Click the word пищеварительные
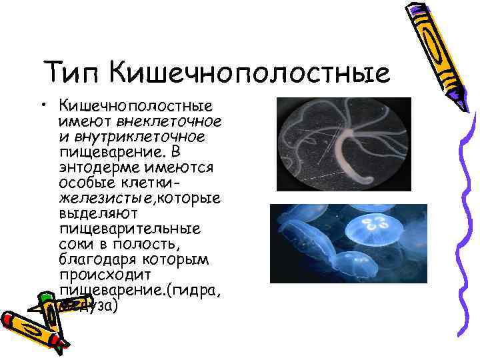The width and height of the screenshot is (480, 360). tap(131, 229)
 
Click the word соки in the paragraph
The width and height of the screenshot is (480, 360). tap(75, 244)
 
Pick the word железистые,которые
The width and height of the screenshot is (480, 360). tap(140, 198)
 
